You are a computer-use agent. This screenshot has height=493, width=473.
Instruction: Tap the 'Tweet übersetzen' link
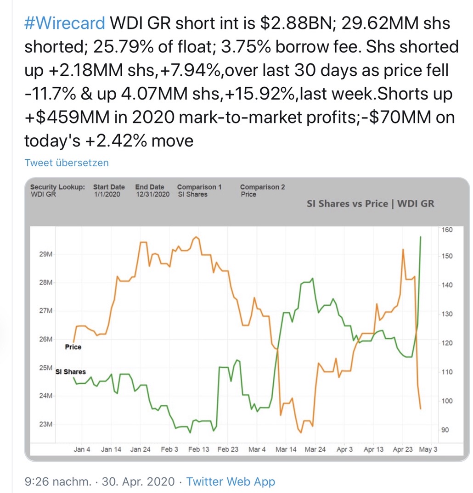(67, 162)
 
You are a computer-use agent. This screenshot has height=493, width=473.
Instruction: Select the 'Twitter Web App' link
(231, 482)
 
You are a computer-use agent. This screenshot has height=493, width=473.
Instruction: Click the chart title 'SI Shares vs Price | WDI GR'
(370, 203)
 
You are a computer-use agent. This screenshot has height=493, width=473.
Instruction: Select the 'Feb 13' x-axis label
(199, 449)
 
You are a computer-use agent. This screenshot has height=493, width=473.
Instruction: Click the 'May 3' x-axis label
(428, 449)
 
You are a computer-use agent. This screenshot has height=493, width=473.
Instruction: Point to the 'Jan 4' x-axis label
(82, 449)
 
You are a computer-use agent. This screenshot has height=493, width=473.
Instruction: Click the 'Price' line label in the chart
(73, 347)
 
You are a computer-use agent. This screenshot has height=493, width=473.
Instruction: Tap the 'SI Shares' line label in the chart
(71, 372)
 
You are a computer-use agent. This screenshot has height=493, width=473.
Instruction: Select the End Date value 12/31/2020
(152, 194)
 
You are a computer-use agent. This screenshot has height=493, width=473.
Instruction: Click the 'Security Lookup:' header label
(57, 187)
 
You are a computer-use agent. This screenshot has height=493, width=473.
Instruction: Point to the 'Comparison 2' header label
(262, 187)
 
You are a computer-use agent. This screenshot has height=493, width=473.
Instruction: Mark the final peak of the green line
(421, 237)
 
